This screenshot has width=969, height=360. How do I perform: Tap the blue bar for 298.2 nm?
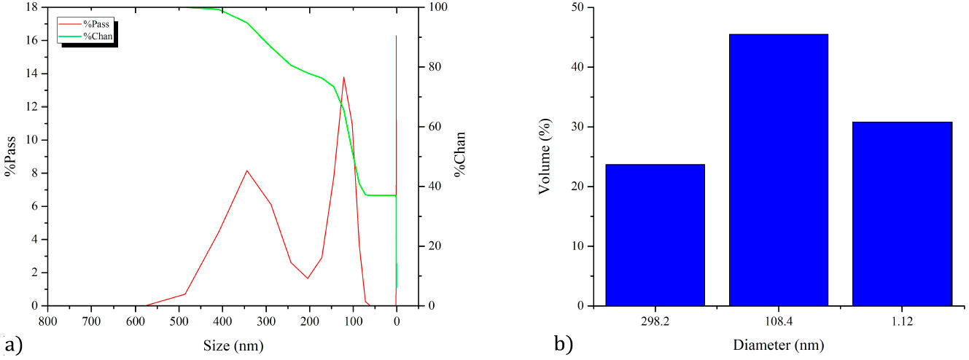(655, 235)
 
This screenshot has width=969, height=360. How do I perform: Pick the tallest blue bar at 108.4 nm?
(778, 170)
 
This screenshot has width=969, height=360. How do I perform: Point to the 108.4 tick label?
(778, 321)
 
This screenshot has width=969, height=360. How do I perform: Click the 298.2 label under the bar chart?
(655, 321)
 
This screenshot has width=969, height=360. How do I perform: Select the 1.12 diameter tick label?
(902, 321)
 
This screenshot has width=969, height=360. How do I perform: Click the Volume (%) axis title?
(544, 157)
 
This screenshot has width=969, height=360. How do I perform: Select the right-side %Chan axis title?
(460, 155)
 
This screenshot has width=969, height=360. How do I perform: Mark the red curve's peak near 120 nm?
(343, 77)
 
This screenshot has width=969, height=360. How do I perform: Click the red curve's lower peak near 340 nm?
(247, 171)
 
